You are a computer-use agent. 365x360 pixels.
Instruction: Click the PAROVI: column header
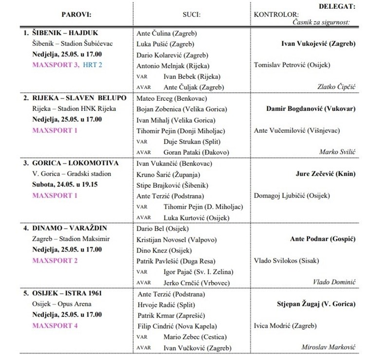click(77, 15)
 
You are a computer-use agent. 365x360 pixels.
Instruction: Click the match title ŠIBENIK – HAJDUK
click(66, 33)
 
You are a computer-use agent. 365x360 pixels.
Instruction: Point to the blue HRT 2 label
click(92, 65)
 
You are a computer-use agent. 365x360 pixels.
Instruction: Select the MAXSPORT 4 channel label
click(55, 326)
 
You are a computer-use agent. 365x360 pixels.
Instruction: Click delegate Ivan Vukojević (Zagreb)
click(318, 44)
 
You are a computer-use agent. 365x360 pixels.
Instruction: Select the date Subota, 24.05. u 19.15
click(66, 185)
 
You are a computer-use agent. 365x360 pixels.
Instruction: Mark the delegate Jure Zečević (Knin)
click(326, 174)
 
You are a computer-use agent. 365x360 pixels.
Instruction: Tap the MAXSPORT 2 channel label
click(55, 261)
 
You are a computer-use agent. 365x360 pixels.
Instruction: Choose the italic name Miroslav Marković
click(328, 347)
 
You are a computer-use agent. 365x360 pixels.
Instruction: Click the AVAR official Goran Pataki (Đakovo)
click(196, 152)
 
